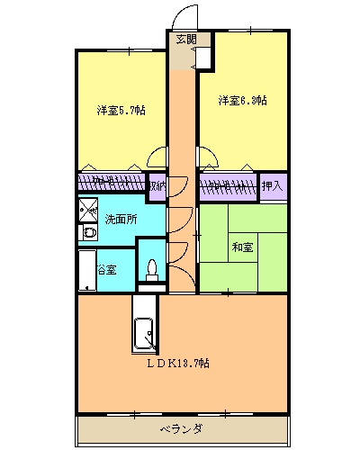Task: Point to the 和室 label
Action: click(242, 246)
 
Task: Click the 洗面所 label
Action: click(121, 219)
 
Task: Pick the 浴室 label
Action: click(106, 268)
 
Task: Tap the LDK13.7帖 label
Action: click(180, 363)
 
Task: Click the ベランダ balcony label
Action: click(181, 427)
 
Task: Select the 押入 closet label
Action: click(271, 186)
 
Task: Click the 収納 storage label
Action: click(157, 186)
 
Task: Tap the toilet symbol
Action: click(152, 270)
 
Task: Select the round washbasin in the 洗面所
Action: click(88, 234)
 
